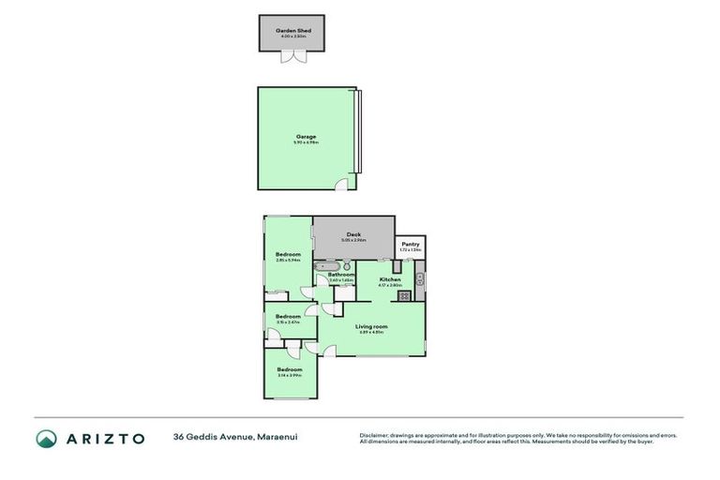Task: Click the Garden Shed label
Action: point(292,30)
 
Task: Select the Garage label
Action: point(306,137)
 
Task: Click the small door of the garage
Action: point(343,184)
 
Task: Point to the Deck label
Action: point(353,234)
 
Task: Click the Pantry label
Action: point(411,245)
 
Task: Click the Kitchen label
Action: point(390,279)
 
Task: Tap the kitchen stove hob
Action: point(404,296)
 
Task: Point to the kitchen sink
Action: point(420,278)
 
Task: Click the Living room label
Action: point(372,326)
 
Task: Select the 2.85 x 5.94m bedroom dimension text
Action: point(288,260)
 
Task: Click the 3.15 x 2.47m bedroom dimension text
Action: point(288,322)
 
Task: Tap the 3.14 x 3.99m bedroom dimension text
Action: point(289,375)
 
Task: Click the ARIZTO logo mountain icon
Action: point(47,439)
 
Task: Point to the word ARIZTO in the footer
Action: point(105,439)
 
